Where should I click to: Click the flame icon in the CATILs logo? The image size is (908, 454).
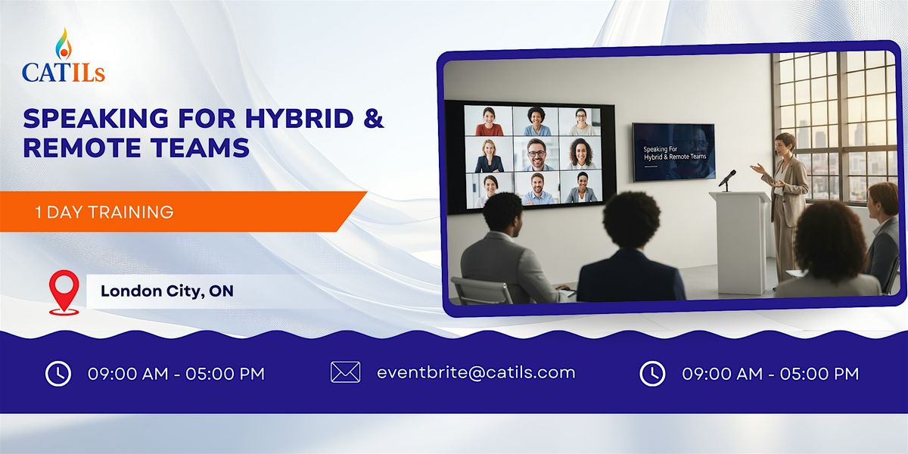(x=64, y=44)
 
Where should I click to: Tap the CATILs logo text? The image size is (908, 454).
(x=64, y=72)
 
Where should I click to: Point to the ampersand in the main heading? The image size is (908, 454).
(x=372, y=119)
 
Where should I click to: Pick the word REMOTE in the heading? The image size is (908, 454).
(x=84, y=147)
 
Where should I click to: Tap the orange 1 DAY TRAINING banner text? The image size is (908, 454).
(x=104, y=213)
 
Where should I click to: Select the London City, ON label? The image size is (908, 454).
(x=166, y=291)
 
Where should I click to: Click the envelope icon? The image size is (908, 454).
(x=345, y=372)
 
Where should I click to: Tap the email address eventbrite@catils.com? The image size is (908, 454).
(x=476, y=372)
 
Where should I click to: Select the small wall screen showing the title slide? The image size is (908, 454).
(x=673, y=151)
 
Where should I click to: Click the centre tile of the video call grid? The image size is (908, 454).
(x=536, y=154)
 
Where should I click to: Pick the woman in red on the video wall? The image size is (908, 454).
(x=489, y=121)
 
